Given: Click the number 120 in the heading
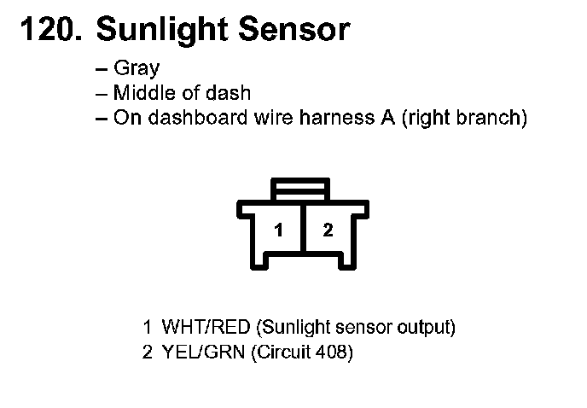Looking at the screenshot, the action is click(51, 30).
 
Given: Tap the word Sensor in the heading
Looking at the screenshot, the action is click(294, 30).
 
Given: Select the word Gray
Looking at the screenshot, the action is click(137, 69).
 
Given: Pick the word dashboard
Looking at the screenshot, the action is click(198, 117).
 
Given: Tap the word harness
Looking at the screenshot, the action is click(336, 117).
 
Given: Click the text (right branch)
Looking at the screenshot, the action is click(465, 118).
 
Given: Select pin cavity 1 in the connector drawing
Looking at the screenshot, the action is click(278, 230).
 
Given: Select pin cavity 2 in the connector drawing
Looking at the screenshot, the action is click(328, 230).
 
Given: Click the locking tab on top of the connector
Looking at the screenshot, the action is click(300, 189).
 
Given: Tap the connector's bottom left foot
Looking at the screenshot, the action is click(259, 261).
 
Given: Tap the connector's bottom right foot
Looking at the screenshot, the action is click(347, 261).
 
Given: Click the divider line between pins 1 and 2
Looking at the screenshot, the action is click(304, 229).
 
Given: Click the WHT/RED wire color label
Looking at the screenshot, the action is click(206, 327).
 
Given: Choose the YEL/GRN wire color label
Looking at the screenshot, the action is click(203, 353).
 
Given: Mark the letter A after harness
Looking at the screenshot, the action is click(388, 117).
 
